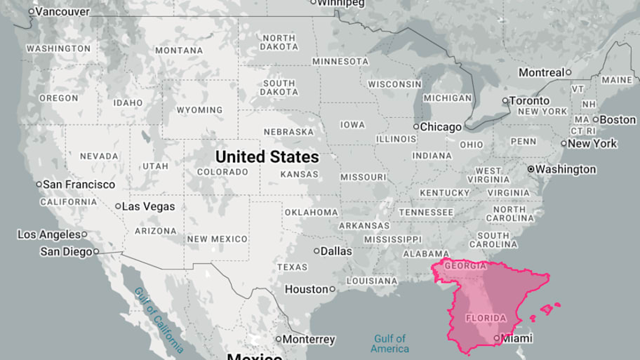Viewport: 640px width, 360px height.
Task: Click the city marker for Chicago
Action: pyautogui.click(x=415, y=127)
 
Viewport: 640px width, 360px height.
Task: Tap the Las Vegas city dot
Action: pyautogui.click(x=118, y=206)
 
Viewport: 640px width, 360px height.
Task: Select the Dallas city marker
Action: pyautogui.click(x=316, y=251)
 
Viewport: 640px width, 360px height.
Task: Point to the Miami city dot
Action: pyautogui.click(x=497, y=338)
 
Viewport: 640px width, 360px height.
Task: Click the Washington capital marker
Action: pyautogui.click(x=531, y=169)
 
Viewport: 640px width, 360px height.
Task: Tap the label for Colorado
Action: pyautogui.click(x=222, y=172)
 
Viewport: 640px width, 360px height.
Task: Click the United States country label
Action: pyautogui.click(x=267, y=156)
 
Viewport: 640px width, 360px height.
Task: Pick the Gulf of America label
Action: pyautogui.click(x=390, y=344)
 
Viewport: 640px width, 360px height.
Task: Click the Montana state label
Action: pyautogui.click(x=179, y=51)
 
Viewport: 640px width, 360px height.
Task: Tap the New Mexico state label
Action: pyautogui.click(x=217, y=239)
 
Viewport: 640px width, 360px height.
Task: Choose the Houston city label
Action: pyautogui.click(x=306, y=289)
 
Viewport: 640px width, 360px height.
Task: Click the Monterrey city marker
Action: pyautogui.click(x=278, y=339)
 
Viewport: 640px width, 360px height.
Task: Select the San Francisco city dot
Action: pyautogui.click(x=39, y=185)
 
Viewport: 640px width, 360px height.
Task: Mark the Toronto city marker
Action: pyautogui.click(x=505, y=100)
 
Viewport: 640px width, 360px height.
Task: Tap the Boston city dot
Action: pyautogui.click(x=595, y=119)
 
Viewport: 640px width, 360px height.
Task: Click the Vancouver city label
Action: pyautogui.click(x=62, y=12)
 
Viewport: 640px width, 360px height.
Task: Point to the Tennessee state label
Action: pyautogui.click(x=426, y=212)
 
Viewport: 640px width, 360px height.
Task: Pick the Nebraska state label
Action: pyautogui.click(x=288, y=132)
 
